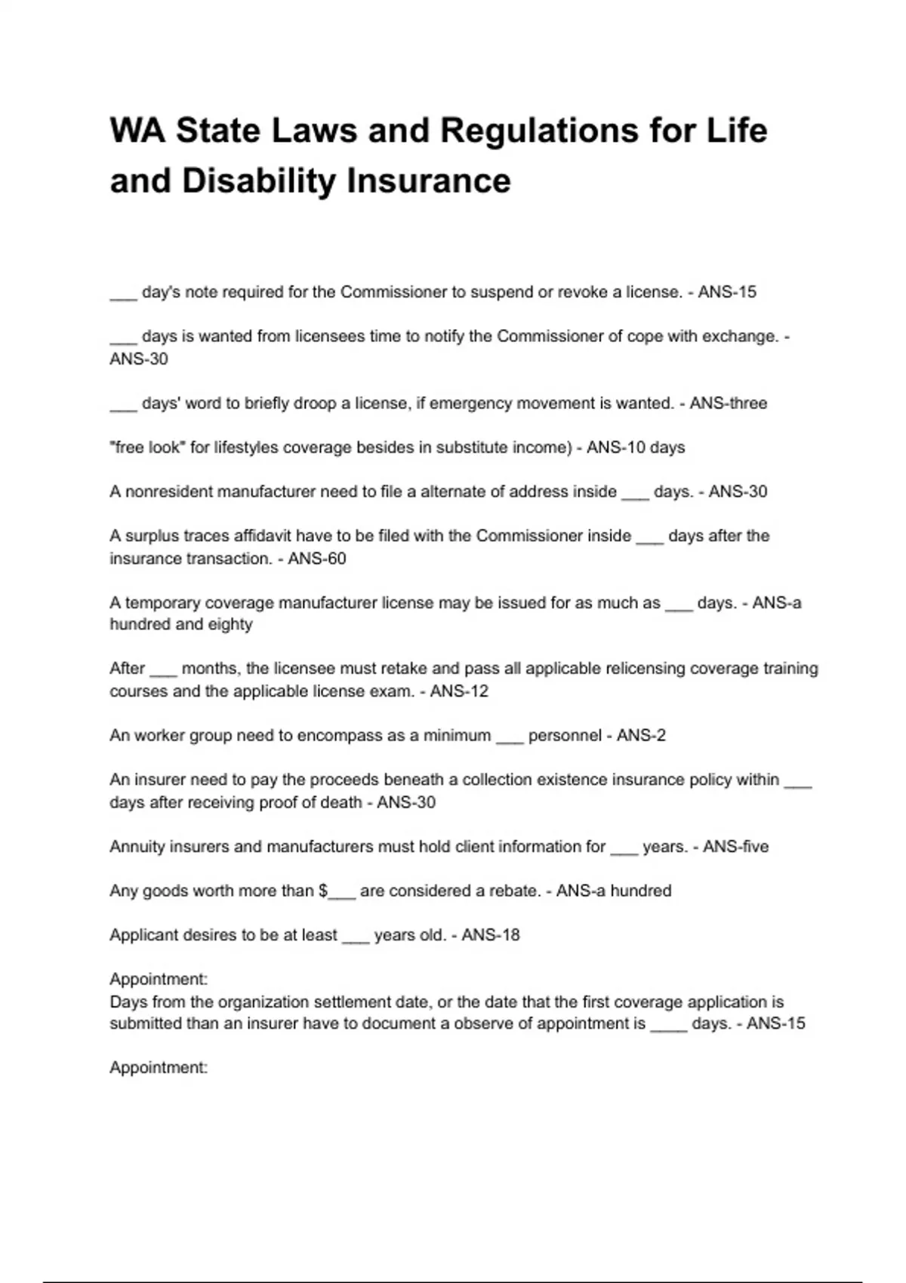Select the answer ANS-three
click(x=728, y=403)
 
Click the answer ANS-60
click(x=317, y=558)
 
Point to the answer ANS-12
click(x=459, y=691)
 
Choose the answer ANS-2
click(x=641, y=735)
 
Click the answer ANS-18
click(x=491, y=934)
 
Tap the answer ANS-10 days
click(x=636, y=447)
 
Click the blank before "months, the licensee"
click(x=163, y=670)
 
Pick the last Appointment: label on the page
click(x=159, y=1067)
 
